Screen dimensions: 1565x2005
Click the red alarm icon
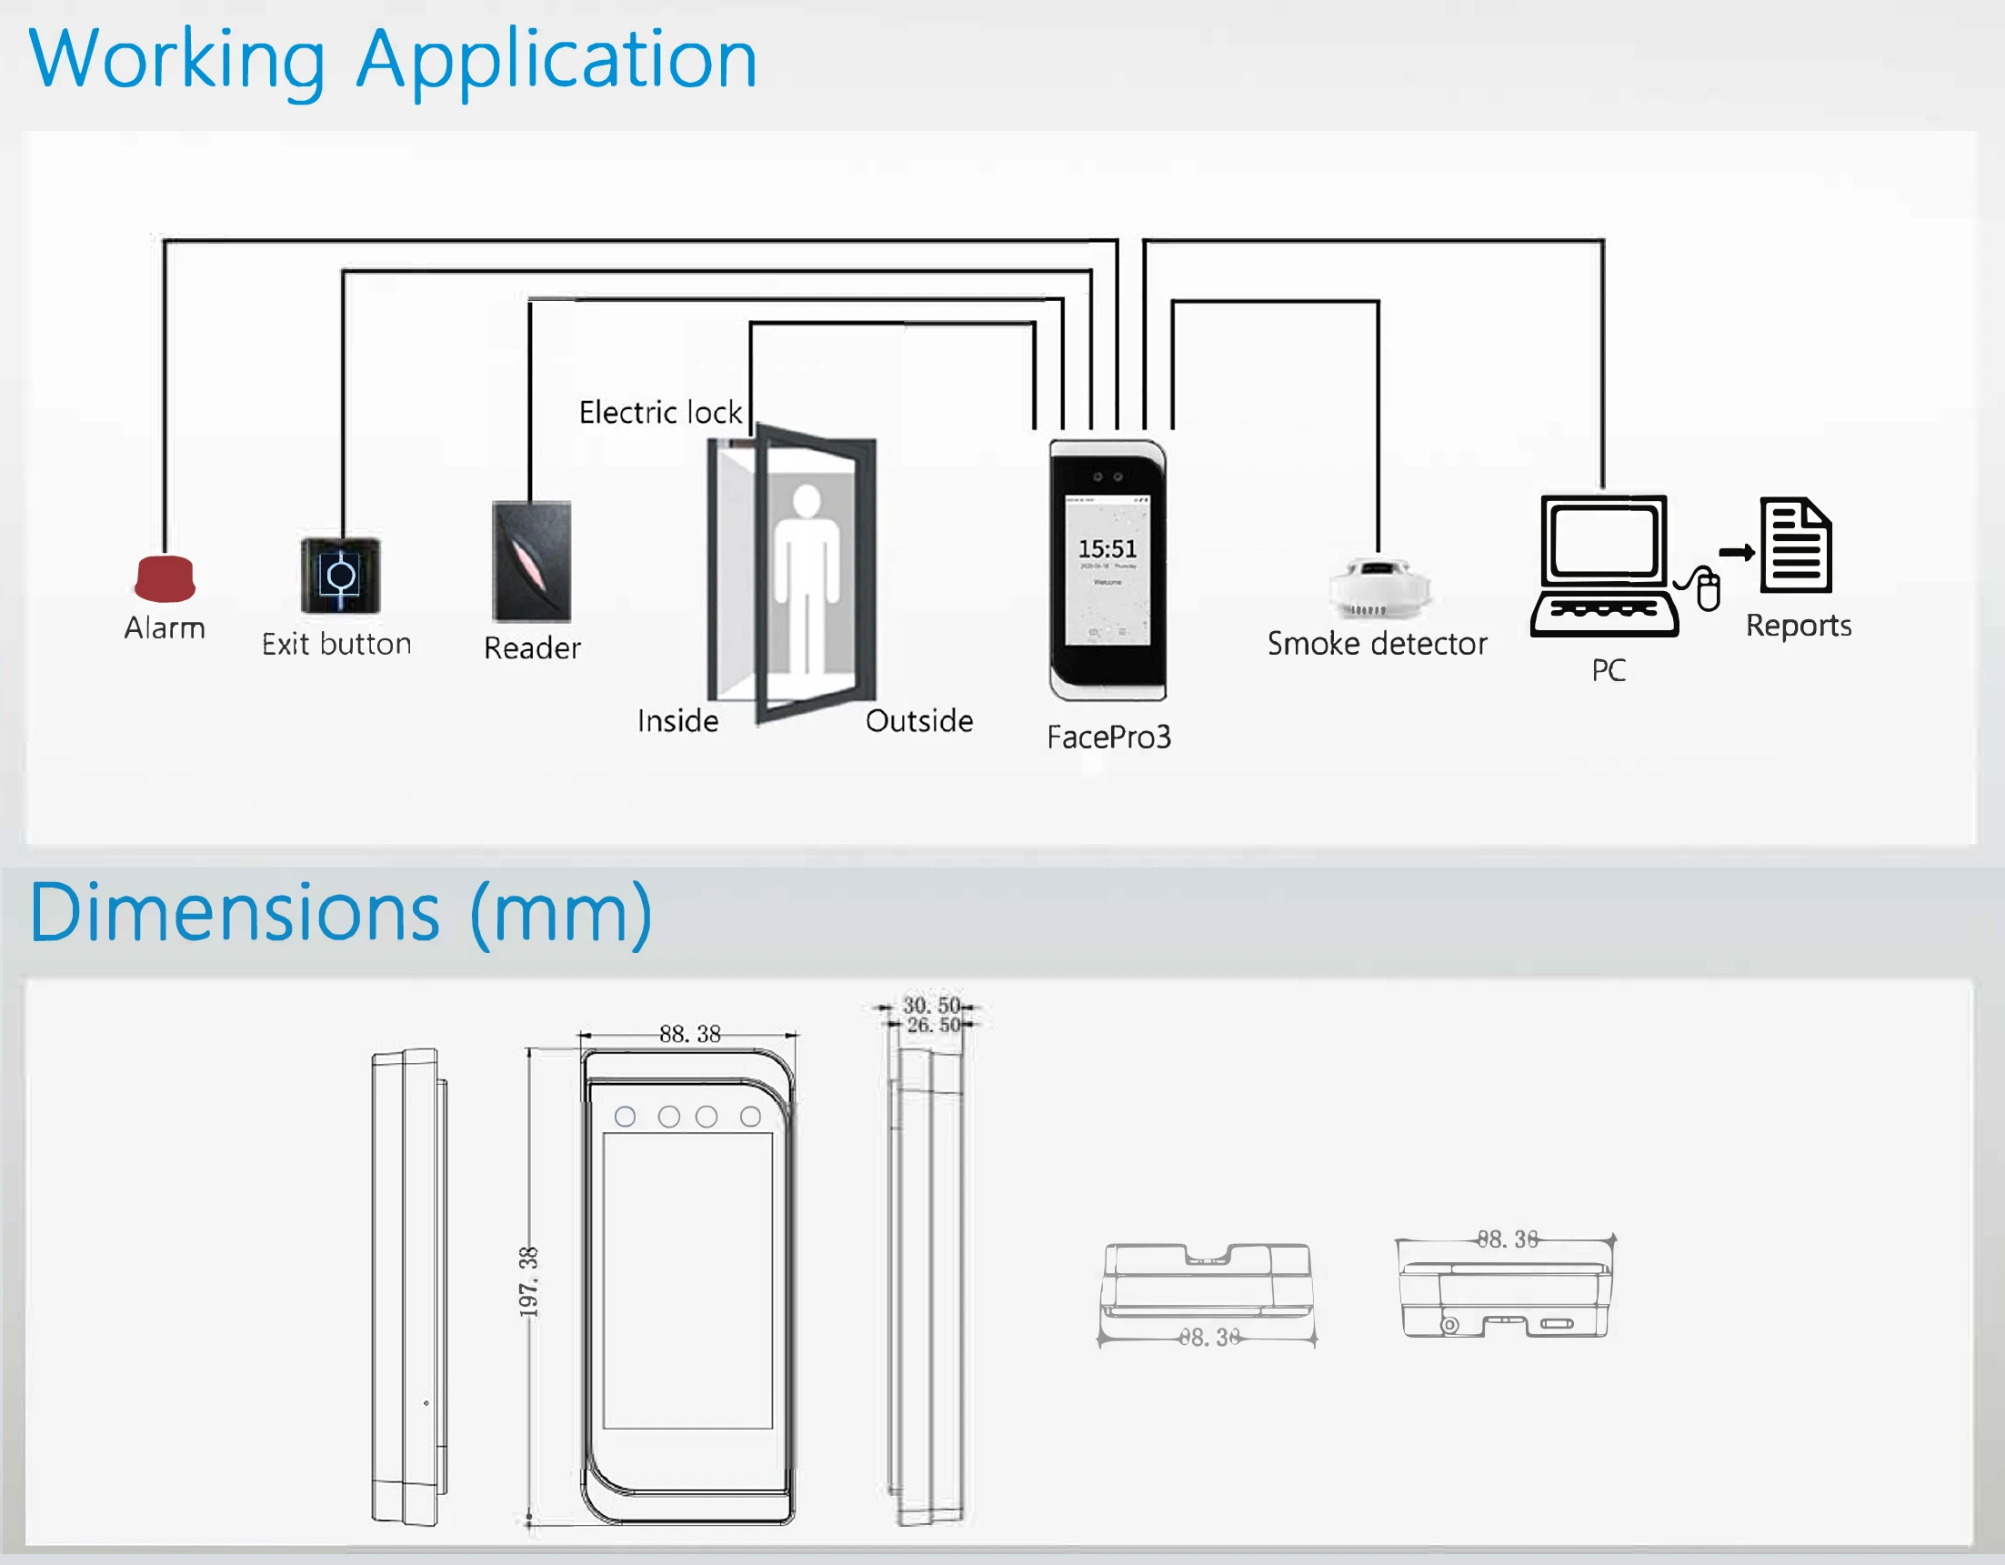[x=165, y=578]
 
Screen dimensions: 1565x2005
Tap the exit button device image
[x=341, y=576]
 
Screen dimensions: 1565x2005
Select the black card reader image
[x=532, y=562]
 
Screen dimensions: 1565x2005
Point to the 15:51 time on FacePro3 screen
[x=1108, y=549]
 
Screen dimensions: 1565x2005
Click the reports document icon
[x=1796, y=546]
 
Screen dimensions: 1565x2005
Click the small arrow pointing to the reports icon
[x=1737, y=553]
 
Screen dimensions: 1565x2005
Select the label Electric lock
[x=660, y=413]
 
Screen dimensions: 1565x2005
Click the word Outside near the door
[x=919, y=721]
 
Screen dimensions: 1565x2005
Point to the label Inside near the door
[x=677, y=721]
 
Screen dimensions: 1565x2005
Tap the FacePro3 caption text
[x=1109, y=737]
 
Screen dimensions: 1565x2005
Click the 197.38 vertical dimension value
[x=529, y=1281]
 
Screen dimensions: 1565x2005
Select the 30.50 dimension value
[x=931, y=1005]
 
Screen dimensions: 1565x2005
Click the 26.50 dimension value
[x=933, y=1025]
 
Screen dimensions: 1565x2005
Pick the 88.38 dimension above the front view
[x=689, y=1035]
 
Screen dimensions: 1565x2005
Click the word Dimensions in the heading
[x=235, y=913]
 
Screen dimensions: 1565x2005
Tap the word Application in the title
[x=556, y=60]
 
